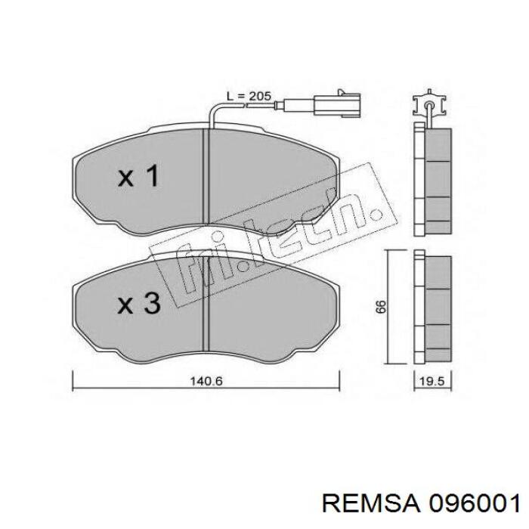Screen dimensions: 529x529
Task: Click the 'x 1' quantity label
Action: tap(138, 178)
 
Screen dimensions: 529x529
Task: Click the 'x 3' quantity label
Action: tap(138, 304)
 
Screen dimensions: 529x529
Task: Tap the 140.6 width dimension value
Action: tap(206, 382)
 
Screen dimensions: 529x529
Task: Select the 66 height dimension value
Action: tap(381, 306)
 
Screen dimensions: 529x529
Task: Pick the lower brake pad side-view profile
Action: tap(432, 308)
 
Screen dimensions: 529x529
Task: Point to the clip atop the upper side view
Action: tap(429, 105)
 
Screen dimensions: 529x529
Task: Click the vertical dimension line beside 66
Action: tap(389, 306)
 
